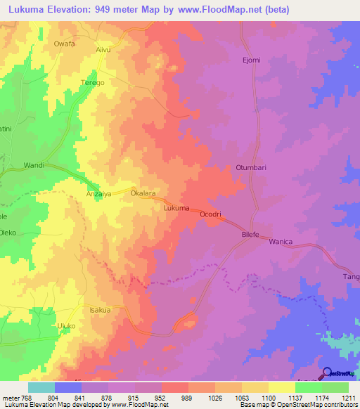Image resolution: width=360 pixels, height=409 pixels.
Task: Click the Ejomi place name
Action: tap(251, 60)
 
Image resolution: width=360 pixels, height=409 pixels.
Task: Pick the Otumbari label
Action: tap(251, 168)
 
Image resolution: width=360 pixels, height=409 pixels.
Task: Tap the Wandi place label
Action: tap(34, 165)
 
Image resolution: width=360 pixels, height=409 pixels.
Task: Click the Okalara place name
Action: tap(143, 192)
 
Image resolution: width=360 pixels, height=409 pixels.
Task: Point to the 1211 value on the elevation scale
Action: tap(349, 398)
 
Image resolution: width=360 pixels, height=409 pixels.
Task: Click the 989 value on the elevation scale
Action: tap(188, 398)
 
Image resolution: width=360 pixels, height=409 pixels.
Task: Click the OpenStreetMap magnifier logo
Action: tap(327, 373)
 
